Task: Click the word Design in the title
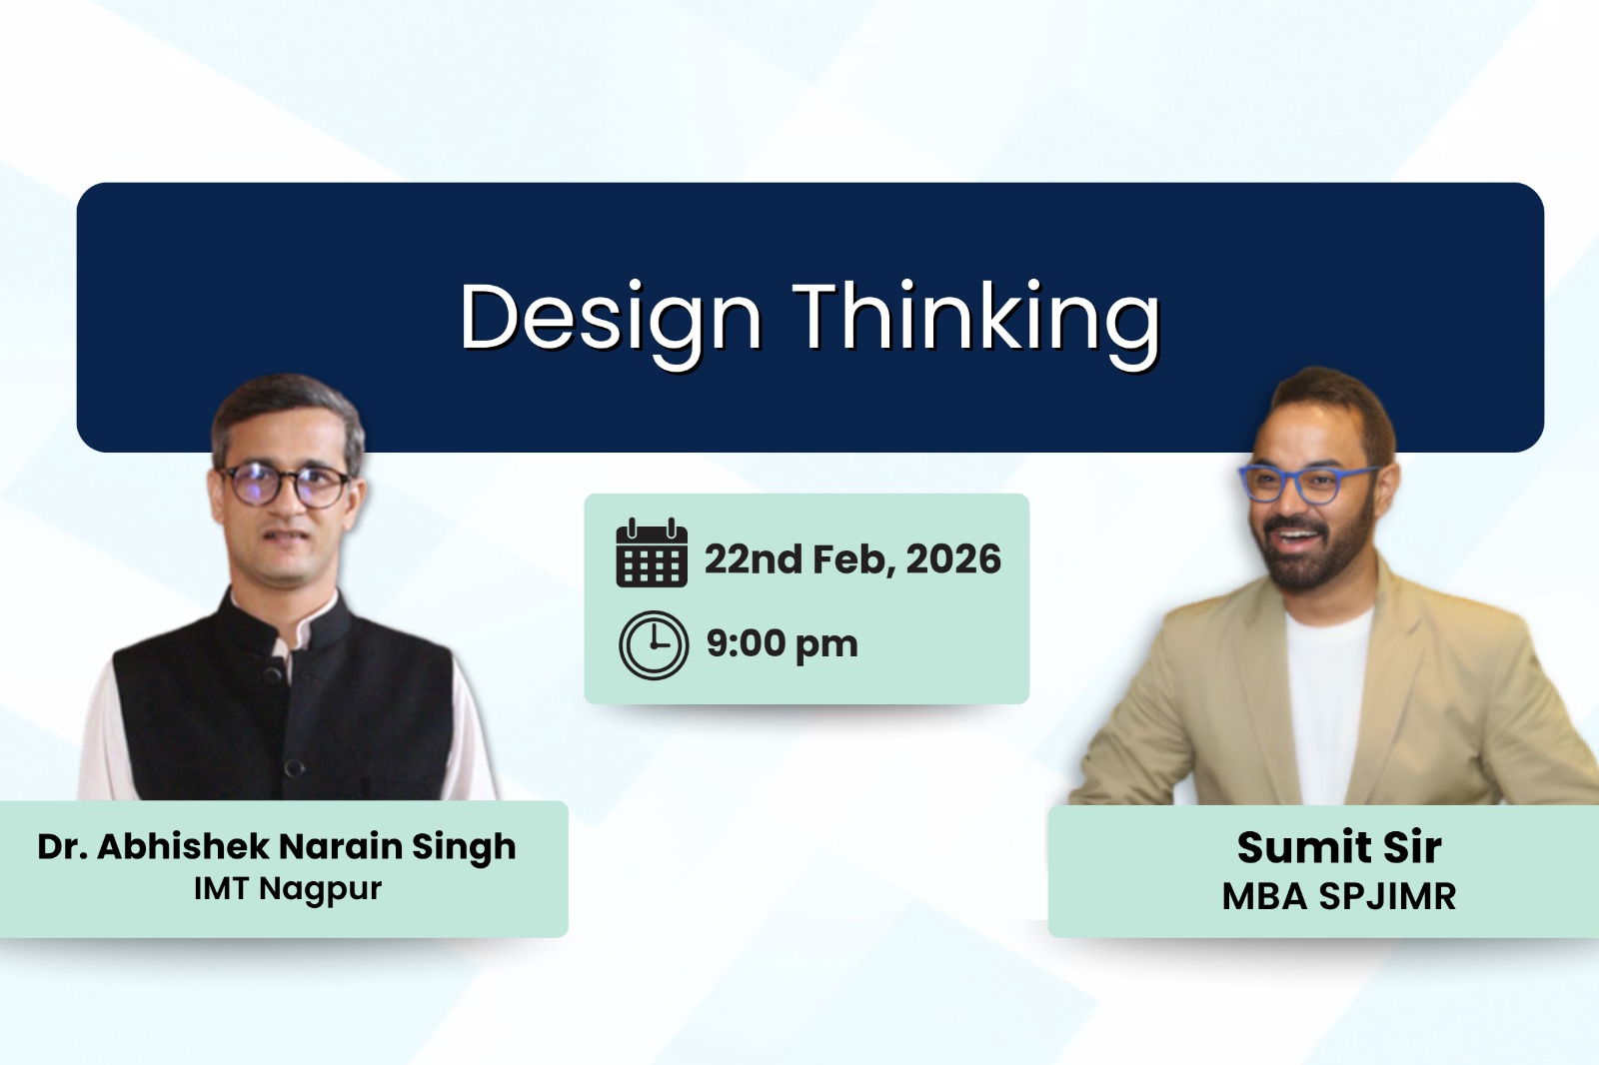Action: coord(611,318)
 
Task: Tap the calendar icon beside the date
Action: coord(652,553)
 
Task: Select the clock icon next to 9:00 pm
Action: coord(654,645)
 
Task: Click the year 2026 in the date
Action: coord(953,559)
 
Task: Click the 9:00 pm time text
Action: coord(782,644)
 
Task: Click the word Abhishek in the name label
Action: coord(183,846)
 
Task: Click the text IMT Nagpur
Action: coord(288,888)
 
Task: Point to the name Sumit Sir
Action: coord(1339,847)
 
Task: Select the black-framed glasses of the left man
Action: coord(285,486)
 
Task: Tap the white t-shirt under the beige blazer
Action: coord(1327,699)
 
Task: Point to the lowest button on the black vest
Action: coord(294,767)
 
